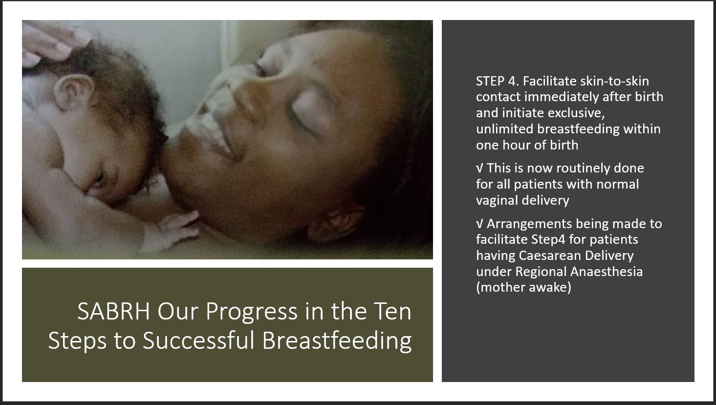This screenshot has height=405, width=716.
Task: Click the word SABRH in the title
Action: coord(113,311)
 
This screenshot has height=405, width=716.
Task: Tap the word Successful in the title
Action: coord(198,341)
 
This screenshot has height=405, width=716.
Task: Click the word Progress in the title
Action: coord(252,312)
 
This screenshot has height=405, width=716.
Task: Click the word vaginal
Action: coord(497,201)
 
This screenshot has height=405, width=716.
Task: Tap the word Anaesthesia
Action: coord(607,272)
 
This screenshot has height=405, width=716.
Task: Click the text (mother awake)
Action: coord(523,287)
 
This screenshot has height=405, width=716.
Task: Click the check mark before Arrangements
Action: coord(479,224)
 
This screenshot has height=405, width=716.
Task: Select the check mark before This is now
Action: coord(479,169)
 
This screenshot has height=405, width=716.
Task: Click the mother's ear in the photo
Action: coord(336,221)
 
